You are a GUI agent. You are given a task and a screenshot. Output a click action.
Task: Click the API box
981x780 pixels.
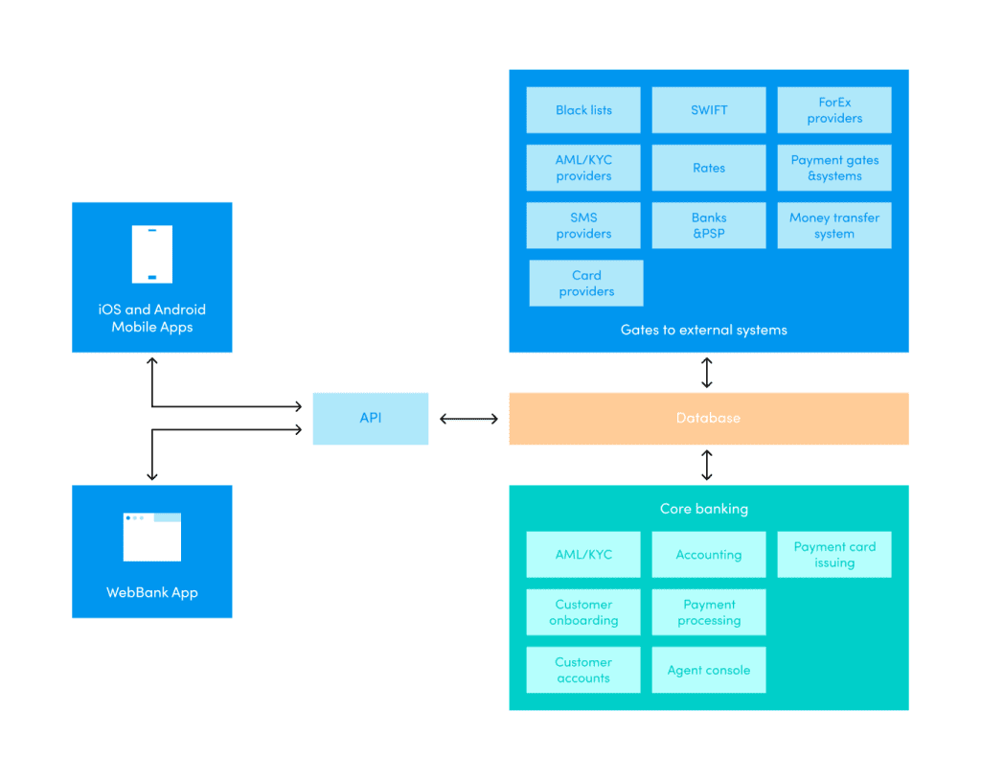(370, 418)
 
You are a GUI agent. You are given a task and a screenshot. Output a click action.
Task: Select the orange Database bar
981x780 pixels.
(708, 418)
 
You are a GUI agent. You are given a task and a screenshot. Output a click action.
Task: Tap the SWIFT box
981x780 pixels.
(709, 110)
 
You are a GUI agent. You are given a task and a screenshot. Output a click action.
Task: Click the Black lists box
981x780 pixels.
(583, 110)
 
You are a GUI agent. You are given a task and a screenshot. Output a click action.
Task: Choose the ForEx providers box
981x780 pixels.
(833, 110)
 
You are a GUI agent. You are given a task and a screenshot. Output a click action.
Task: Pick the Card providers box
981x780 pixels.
(586, 283)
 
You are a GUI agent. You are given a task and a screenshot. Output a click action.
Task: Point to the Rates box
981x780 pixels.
(709, 168)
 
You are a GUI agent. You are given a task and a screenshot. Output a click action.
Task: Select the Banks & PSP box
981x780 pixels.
(709, 225)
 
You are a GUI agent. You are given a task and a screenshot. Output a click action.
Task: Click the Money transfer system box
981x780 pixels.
(833, 225)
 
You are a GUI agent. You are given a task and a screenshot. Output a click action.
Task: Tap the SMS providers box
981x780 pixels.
(583, 225)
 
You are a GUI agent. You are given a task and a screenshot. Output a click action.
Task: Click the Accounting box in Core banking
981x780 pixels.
(709, 555)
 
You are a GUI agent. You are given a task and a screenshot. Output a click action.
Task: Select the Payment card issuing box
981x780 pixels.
(833, 555)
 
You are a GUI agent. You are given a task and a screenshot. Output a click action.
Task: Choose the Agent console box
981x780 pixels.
(709, 670)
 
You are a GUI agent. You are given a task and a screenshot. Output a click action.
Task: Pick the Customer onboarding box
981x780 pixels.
(583, 612)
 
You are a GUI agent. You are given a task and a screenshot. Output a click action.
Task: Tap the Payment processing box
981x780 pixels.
(709, 612)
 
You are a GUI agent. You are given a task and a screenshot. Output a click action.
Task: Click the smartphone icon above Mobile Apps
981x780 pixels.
(151, 254)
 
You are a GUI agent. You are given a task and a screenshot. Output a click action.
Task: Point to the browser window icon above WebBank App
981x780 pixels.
(151, 537)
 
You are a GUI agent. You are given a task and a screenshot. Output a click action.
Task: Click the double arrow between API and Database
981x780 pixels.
(468, 419)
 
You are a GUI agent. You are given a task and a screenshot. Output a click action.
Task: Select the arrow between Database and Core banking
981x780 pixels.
(707, 465)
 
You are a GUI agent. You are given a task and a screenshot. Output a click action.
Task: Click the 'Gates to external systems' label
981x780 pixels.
(703, 330)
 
